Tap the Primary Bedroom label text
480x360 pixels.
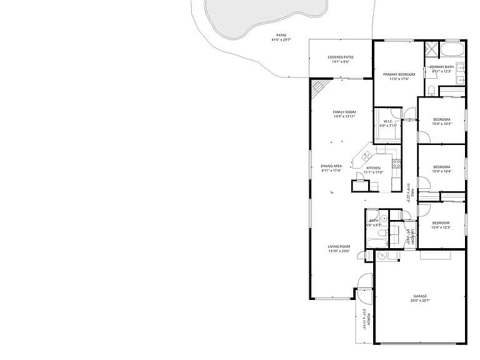click(x=399, y=74)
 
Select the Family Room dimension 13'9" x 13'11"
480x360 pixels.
click(x=344, y=117)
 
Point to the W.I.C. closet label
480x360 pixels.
click(x=387, y=121)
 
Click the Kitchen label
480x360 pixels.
click(x=373, y=168)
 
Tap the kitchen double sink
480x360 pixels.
click(x=367, y=156)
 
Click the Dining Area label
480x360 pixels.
click(x=331, y=166)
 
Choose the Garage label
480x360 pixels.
click(x=419, y=296)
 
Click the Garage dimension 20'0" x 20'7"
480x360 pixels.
click(x=419, y=301)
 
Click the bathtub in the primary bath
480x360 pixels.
click(x=452, y=49)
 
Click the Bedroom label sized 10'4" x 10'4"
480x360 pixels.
click(x=441, y=167)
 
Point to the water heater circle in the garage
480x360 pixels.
click(x=381, y=255)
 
